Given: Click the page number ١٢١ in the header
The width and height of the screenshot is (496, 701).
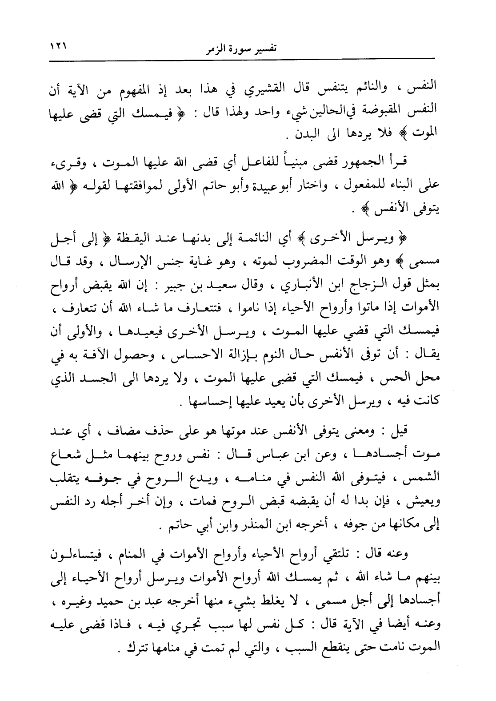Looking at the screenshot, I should tap(57, 44).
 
